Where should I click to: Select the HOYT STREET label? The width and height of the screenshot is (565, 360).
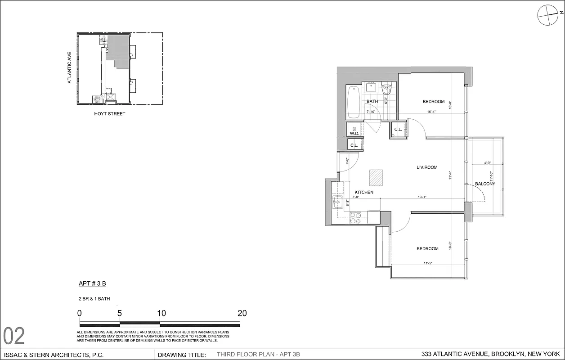(x=110, y=114)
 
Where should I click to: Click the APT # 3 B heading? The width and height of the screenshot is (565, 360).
(x=92, y=283)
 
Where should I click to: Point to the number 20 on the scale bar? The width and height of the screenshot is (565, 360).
(x=242, y=314)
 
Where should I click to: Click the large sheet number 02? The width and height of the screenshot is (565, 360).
(x=14, y=336)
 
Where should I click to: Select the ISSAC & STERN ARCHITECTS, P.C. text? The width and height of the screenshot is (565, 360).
(x=54, y=355)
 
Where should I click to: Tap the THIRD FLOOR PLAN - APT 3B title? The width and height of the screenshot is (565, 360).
(x=258, y=355)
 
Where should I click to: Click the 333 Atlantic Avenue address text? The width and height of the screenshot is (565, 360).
(x=490, y=354)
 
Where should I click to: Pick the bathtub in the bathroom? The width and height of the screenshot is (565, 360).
(x=354, y=102)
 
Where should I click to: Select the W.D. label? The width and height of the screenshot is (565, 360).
(x=354, y=133)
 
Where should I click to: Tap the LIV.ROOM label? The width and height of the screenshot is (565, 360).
(x=426, y=167)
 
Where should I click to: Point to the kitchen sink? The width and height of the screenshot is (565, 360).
(x=337, y=202)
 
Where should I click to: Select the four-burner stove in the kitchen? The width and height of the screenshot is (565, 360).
(x=355, y=217)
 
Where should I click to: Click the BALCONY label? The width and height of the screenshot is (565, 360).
(x=485, y=184)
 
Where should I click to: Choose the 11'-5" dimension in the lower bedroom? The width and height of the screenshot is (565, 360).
(x=428, y=264)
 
